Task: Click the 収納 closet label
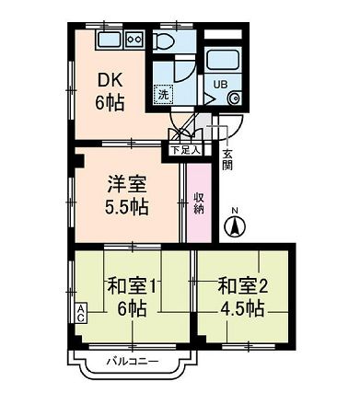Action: (x=198, y=203)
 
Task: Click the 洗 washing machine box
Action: (x=162, y=94)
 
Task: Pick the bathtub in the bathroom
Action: (x=223, y=60)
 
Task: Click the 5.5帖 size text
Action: (x=125, y=204)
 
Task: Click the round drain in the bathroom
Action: (x=234, y=98)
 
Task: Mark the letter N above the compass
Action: (x=235, y=209)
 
